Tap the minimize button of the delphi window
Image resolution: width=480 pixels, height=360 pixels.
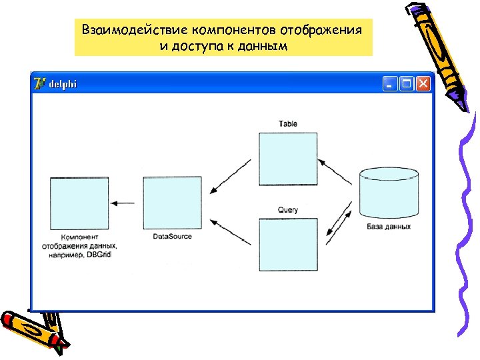point(389,83)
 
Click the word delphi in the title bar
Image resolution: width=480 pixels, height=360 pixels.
point(63,84)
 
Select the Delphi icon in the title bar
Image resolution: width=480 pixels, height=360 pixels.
point(40,83)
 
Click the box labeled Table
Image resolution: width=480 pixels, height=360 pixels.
point(288,159)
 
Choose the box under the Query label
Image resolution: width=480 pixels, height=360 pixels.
point(288,245)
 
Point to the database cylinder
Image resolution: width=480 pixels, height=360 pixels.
point(389,193)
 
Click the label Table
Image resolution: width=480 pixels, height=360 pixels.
point(288,124)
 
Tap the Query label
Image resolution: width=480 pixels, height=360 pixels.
point(288,210)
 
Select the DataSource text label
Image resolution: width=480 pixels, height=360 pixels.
point(172,237)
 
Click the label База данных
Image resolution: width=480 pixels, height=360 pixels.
point(389,227)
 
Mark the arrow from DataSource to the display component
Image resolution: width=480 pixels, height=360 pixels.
point(123,203)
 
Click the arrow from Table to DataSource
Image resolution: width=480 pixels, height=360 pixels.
point(230,177)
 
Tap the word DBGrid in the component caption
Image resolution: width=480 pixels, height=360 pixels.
point(99,255)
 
